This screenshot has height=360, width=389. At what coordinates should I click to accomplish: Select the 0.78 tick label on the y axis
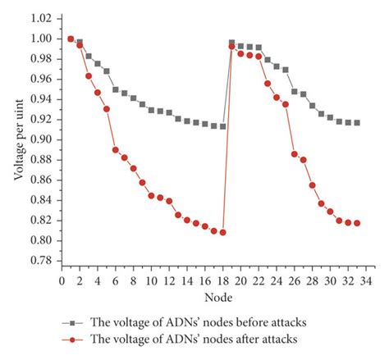(x=41, y=261)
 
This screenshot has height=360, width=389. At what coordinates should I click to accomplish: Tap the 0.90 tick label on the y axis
(x=41, y=139)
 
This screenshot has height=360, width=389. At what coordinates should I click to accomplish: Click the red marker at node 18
(x=223, y=232)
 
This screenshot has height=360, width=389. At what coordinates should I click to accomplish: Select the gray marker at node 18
(x=223, y=126)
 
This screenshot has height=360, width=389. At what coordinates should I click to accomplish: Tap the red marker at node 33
(x=357, y=223)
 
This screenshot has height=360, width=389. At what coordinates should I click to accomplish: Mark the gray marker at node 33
(x=357, y=122)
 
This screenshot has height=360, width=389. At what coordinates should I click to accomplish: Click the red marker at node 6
(x=116, y=150)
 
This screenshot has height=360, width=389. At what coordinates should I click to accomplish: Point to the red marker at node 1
(x=71, y=39)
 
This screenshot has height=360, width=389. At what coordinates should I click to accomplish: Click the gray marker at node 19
(x=232, y=42)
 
